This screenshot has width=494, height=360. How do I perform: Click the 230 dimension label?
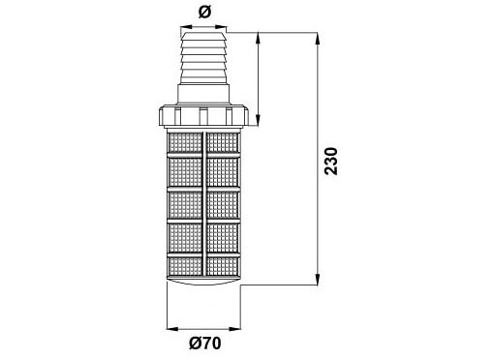pos(331,162)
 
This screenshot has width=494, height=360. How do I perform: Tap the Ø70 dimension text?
pos(205,343)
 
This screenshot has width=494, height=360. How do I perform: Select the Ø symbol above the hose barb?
pos(204,13)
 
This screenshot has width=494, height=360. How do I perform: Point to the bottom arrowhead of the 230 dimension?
pos(319,279)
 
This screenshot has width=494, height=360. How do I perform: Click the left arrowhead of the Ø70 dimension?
pos(172,329)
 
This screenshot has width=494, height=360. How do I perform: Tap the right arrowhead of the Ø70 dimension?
pos(234,329)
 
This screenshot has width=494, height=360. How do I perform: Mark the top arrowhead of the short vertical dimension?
pos(258,39)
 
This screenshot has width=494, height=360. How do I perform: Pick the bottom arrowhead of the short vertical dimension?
pos(258,119)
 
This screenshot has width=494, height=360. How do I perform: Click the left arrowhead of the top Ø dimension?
pos(187,27)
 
